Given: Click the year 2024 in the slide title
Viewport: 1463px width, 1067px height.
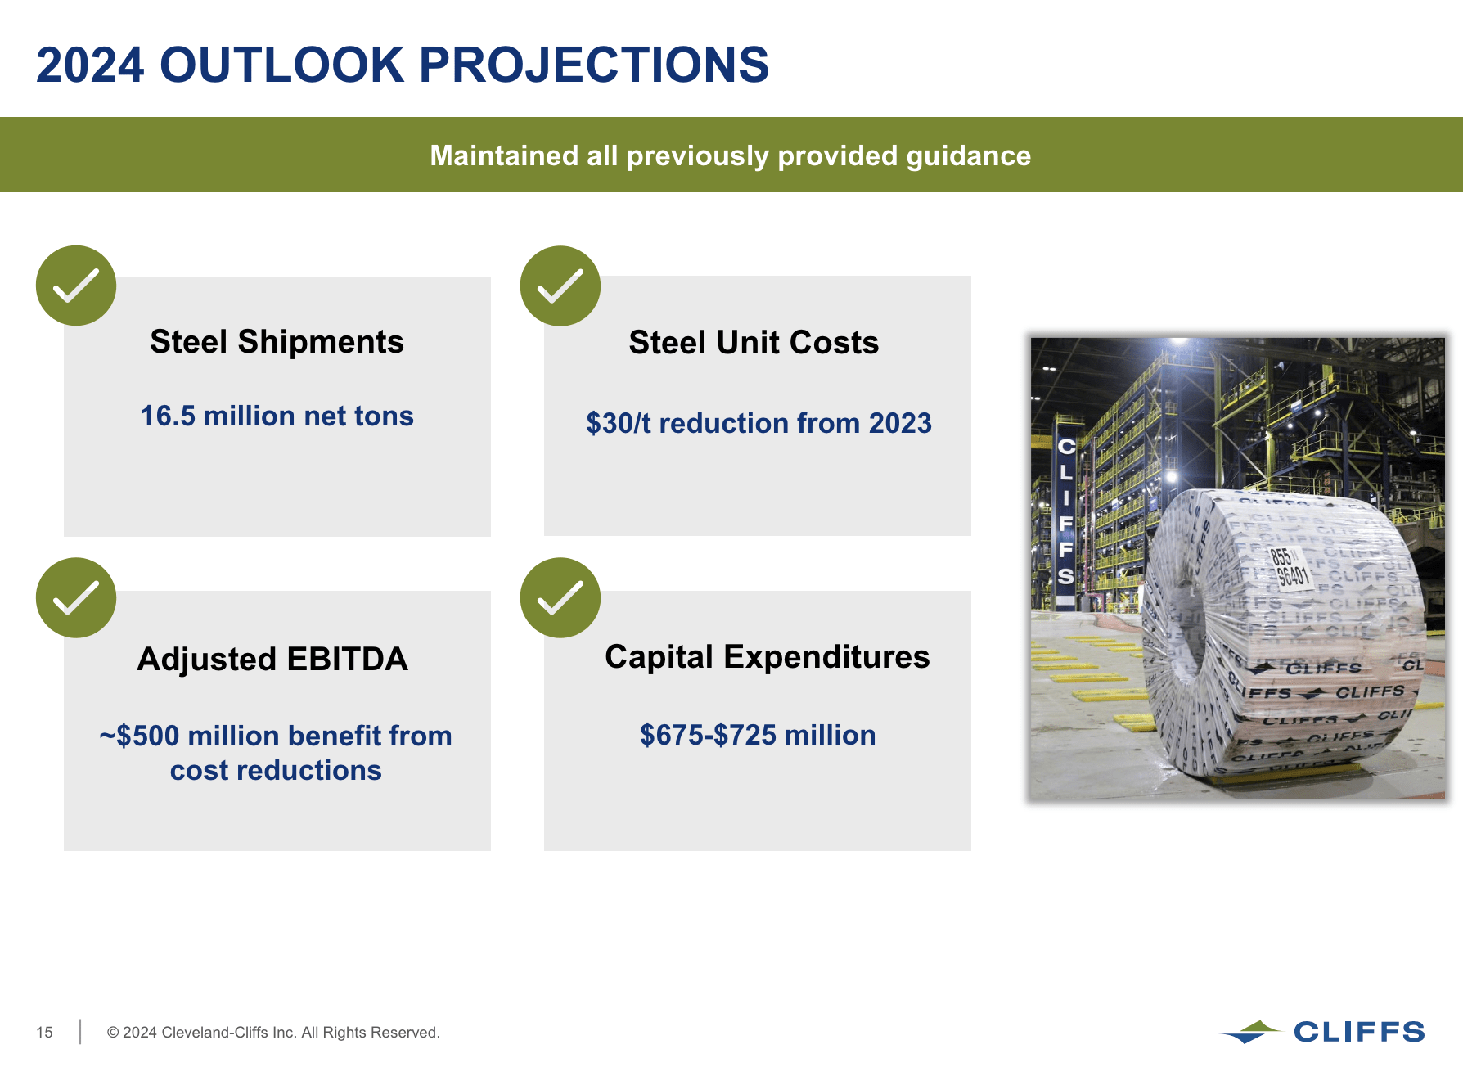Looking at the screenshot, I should pyautogui.click(x=90, y=65).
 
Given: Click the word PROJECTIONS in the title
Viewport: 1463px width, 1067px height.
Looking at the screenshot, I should pyautogui.click(x=594, y=65).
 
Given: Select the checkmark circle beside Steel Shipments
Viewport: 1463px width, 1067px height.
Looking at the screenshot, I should pyautogui.click(x=76, y=286).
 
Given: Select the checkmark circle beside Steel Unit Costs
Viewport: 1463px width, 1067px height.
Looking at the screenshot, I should pyautogui.click(x=560, y=286).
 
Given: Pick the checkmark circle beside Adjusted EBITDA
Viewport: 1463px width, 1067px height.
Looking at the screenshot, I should pyautogui.click(x=76, y=597).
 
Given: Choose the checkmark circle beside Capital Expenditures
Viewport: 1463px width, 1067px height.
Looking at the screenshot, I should pyautogui.click(x=560, y=597).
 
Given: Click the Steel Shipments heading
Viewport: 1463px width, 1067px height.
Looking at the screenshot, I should pyautogui.click(x=277, y=342).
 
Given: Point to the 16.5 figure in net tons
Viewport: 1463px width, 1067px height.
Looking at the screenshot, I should pyautogui.click(x=168, y=416).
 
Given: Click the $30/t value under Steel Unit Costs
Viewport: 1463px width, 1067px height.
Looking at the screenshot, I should pyautogui.click(x=619, y=424).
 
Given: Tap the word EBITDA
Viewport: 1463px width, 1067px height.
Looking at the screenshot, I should pyautogui.click(x=347, y=660).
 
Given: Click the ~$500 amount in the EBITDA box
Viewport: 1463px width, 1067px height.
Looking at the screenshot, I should pyautogui.click(x=139, y=736).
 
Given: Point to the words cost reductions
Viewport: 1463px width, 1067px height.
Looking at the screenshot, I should pyautogui.click(x=276, y=771).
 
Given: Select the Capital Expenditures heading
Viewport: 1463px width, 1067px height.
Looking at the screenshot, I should pyautogui.click(x=767, y=657).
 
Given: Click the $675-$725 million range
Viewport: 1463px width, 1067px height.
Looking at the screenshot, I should pyautogui.click(x=757, y=735).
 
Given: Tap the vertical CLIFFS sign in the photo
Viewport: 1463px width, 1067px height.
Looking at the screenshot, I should pyautogui.click(x=1065, y=511).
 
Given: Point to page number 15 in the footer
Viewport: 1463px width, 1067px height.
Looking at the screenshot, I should pyautogui.click(x=44, y=1033).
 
